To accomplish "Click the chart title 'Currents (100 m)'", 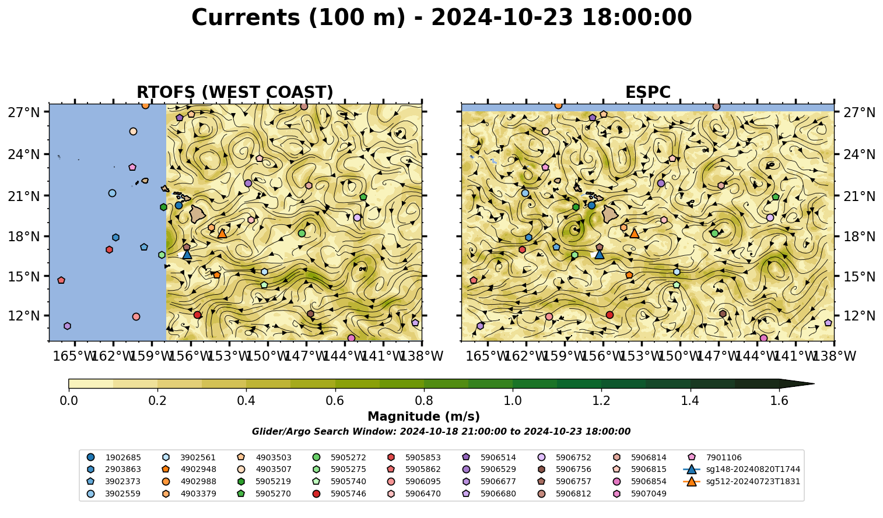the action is coord(299,18).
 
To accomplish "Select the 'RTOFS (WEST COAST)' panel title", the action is coord(235,92).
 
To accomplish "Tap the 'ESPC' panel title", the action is coord(647,92).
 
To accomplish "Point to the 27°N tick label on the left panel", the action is coord(24,112).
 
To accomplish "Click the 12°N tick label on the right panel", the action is coord(859,316).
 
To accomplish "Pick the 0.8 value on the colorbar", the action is coord(424,401).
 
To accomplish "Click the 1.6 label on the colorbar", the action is coord(779,401).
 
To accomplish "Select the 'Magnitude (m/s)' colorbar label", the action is coord(424,417).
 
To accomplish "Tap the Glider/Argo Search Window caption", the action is coord(441,431).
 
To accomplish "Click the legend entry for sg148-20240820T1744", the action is coord(741,469).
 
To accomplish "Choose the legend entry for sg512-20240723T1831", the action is coord(741,481).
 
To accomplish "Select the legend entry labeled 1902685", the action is coord(114,457).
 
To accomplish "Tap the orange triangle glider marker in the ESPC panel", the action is coord(635,234).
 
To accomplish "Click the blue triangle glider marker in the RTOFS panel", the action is coord(187,255).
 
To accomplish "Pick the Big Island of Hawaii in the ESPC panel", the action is coord(610,214).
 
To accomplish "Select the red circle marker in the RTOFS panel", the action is coord(198,315).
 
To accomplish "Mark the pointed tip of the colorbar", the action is coord(814,383).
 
